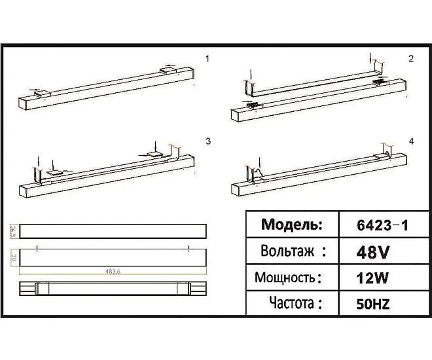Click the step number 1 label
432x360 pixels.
pos(207,59)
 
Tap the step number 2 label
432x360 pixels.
pos(411,59)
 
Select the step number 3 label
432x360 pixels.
pos(208,141)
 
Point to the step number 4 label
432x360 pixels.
pos(411,141)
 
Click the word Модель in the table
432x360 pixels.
pos(292,225)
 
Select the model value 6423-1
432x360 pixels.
pos(382,226)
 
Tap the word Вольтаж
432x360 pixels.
pos(287,251)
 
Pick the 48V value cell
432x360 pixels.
pos(373,252)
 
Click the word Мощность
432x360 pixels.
pos(285,278)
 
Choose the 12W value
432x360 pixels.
pos(372,278)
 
